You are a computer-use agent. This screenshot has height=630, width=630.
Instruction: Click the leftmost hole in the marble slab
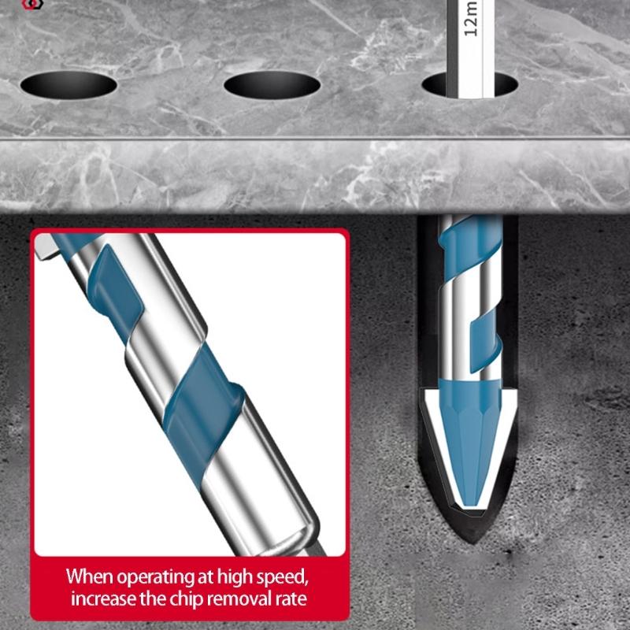tap(69, 83)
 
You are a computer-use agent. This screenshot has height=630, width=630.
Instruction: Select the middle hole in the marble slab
tap(272, 83)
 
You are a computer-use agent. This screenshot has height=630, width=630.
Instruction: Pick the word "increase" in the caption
tap(103, 599)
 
